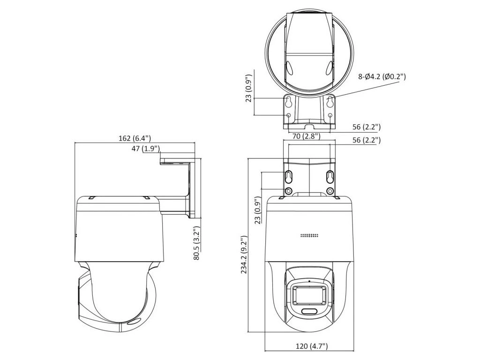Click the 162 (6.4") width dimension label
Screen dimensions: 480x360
[135, 138]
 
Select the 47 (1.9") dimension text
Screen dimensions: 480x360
[146, 149]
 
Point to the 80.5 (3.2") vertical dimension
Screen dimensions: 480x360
[196, 243]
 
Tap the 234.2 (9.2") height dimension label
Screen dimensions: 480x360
[244, 255]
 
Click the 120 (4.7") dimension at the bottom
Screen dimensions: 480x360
[312, 346]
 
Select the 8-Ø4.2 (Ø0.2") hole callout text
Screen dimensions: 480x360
[382, 76]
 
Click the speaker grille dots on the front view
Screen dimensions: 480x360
[309, 236]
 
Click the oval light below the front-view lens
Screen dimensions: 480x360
[309, 311]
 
